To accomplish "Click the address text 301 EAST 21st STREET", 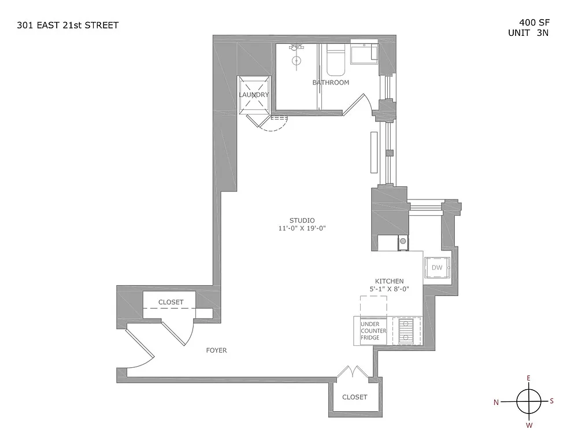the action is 68,25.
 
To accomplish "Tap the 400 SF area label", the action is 534,23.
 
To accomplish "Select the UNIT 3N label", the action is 528,33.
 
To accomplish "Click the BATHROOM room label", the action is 331,83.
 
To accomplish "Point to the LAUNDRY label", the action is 254,95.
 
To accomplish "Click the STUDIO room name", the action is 302,220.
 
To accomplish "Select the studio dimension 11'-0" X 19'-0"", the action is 302,228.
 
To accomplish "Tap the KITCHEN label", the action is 389,281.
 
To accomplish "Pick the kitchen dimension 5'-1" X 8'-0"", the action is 389,289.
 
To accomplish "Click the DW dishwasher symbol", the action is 437,268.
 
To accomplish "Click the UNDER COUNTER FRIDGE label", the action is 373,331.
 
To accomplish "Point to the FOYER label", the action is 216,350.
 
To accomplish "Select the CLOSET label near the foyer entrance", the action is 171,302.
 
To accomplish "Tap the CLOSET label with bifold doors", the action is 355,397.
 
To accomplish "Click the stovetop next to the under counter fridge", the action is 407,331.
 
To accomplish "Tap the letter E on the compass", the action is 529,378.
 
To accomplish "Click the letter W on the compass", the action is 529,426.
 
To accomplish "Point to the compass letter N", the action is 496,402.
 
